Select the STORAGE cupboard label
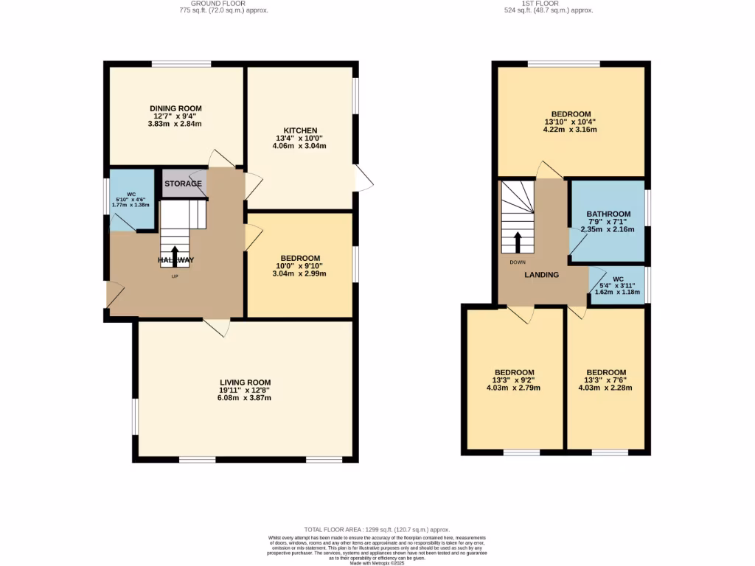point(183,184)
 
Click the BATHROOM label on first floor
point(608,214)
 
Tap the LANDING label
point(541,275)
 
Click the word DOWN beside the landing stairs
point(517,262)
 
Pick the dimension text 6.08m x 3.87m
point(245,398)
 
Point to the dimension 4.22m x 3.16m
point(571,130)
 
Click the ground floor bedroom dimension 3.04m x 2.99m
point(299,273)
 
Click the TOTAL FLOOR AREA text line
point(377,530)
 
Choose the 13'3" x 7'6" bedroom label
point(606,372)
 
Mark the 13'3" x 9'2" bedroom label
point(514,372)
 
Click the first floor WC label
point(619,279)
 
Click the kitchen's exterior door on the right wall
point(363,179)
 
